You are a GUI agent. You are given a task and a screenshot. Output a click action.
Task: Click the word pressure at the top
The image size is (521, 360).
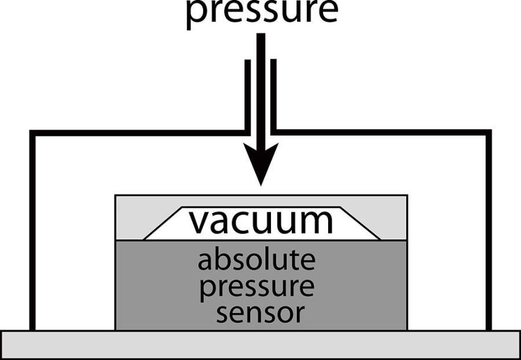point(261,12)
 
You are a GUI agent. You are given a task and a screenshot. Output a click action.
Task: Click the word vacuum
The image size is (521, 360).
point(261,221)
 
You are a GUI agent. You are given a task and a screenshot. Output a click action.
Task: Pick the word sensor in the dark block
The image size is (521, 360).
point(260,313)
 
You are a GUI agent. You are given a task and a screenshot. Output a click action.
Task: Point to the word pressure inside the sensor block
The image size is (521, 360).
point(256,287)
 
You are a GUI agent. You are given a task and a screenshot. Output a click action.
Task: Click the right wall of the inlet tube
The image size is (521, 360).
point(274,93)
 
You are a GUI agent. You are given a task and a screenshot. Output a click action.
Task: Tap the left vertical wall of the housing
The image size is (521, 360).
point(33,232)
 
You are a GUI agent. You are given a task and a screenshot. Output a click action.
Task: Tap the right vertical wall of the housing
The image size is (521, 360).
point(489,232)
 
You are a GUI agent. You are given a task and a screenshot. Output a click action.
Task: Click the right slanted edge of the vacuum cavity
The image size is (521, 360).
point(360,223)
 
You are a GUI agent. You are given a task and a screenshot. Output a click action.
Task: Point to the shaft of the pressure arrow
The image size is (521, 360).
point(261,87)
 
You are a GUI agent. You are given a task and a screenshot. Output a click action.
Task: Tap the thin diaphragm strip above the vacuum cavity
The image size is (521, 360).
point(261,201)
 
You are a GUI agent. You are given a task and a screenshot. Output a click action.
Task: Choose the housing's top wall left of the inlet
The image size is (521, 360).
point(139,133)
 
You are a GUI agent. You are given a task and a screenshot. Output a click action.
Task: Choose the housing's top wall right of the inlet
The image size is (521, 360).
point(382,133)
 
